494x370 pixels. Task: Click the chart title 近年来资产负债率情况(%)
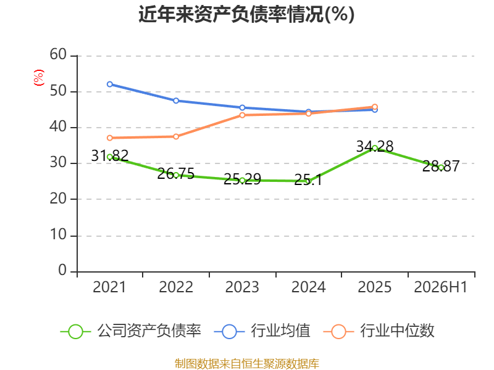point(246,14)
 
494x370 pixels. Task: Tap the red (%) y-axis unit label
point(39,78)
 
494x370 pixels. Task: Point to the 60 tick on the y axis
point(58,54)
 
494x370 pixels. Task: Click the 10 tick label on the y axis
point(58,235)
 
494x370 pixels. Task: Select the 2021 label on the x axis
point(109,287)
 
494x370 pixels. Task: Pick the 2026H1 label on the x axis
point(440,287)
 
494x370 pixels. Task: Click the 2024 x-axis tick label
point(308,287)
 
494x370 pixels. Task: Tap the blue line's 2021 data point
point(110,84)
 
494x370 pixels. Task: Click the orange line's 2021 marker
point(110,138)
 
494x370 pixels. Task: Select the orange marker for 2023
point(242,115)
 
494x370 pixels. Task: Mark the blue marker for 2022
point(176,101)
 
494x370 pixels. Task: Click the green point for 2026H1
point(441,168)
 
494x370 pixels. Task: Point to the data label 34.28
point(375,146)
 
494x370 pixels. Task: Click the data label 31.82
point(110,155)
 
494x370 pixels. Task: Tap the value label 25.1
point(308,180)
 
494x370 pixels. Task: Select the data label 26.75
point(176,174)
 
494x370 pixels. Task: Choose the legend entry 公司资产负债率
point(130,331)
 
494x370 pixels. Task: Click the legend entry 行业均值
point(262,331)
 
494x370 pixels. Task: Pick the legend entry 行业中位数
point(379,331)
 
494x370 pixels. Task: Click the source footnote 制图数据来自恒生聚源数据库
point(247,364)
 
